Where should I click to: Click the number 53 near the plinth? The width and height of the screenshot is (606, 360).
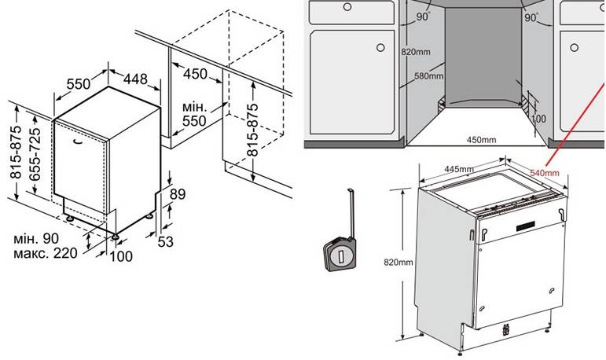pos(165,241)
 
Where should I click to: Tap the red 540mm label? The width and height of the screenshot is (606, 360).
pos(545,173)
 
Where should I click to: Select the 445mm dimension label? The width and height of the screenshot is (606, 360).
pos(458,169)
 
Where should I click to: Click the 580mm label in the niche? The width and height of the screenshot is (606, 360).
pos(428,77)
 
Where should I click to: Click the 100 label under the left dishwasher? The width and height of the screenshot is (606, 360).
pos(120,256)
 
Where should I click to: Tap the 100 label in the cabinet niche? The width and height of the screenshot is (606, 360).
pos(538,118)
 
